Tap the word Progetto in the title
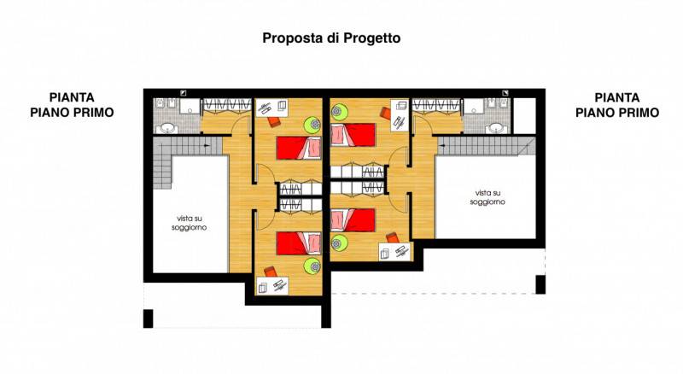[372, 38]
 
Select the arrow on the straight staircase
[443, 146]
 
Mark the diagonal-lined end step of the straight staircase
[527, 147]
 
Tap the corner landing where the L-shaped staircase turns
[162, 146]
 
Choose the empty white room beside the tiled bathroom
[524, 115]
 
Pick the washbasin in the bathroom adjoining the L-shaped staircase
[167, 128]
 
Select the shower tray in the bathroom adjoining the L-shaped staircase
[190, 106]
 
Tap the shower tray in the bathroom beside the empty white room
[474, 106]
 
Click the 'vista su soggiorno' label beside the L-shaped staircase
[189, 223]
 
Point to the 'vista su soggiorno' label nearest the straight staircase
[487, 197]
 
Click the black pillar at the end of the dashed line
[540, 284]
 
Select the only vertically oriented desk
[400, 115]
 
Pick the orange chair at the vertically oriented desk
[386, 113]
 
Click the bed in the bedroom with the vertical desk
[353, 135]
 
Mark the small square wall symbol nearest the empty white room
[505, 92]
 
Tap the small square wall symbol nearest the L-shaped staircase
[184, 92]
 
